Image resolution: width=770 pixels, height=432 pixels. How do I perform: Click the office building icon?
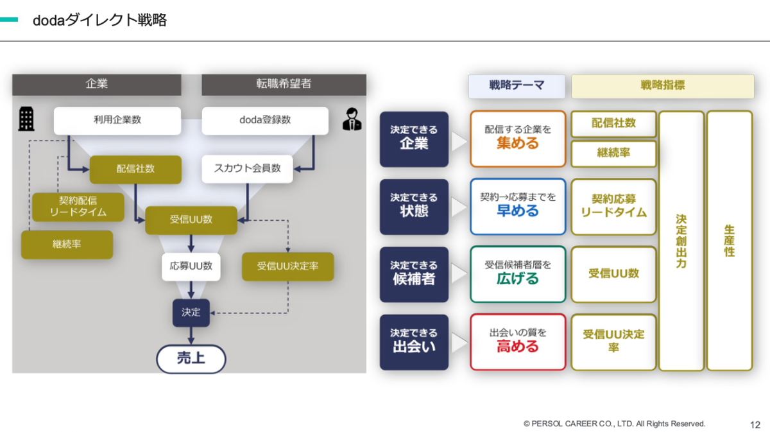click(26, 119)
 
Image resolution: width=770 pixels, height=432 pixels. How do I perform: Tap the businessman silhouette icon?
click(352, 119)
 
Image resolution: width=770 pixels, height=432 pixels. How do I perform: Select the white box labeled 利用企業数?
click(117, 121)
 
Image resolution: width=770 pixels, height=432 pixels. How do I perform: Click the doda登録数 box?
click(265, 121)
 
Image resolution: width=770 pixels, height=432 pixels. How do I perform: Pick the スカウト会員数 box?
click(247, 169)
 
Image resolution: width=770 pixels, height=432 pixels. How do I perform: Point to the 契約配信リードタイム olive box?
click(78, 207)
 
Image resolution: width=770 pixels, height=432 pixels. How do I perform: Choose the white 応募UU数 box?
click(191, 266)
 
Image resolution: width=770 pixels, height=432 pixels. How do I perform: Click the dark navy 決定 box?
click(191, 313)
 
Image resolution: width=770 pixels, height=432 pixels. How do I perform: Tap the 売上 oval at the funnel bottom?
click(191, 359)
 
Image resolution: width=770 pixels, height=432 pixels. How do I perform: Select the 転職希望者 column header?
click(284, 84)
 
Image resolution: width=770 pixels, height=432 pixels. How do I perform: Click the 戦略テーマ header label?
click(517, 86)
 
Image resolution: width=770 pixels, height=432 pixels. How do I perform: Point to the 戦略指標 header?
click(662, 86)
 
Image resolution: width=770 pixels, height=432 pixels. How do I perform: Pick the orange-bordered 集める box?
click(518, 139)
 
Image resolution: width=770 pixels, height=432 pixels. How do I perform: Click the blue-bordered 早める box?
click(518, 206)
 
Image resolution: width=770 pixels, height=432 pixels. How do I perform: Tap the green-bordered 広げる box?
click(518, 274)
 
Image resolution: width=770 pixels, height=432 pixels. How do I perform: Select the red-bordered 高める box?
click(518, 342)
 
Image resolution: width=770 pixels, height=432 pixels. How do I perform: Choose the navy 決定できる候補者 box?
click(414, 275)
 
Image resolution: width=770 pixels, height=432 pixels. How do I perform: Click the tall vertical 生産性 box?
click(730, 241)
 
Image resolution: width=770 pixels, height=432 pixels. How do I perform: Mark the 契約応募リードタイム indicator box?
click(613, 206)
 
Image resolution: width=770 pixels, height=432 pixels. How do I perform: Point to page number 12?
click(755, 425)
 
